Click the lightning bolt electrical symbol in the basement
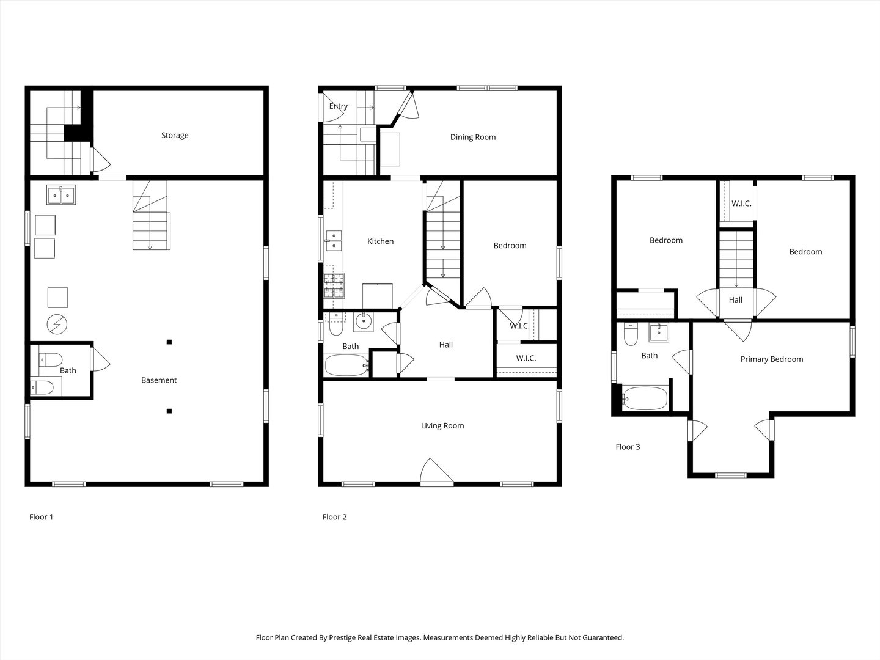point(57,324)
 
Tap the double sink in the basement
point(61,195)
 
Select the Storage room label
point(175,135)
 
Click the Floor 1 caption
point(42,517)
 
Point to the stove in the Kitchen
point(334,285)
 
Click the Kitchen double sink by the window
point(334,241)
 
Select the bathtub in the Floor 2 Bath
point(346,365)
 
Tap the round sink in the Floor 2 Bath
point(364,321)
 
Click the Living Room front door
point(436,472)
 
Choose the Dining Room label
point(473,137)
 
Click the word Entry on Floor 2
point(338,106)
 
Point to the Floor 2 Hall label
point(446,345)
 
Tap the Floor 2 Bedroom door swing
point(479,298)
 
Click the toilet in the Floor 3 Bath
point(631,335)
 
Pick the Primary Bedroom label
point(771,359)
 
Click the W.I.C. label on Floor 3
point(741,204)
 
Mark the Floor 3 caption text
point(628,447)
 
